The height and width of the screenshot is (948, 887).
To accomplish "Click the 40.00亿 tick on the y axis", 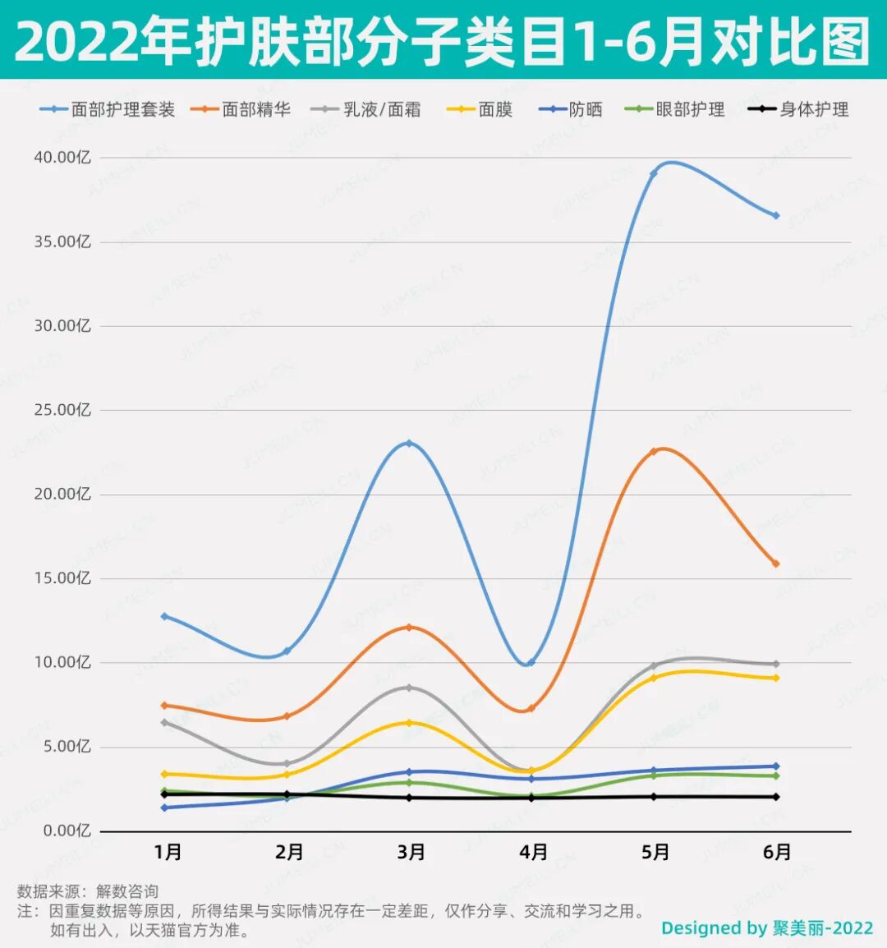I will tap(62, 157).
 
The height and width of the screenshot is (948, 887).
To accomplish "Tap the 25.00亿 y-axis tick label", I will tap(62, 410).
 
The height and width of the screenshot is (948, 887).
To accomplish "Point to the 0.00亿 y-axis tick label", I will tap(66, 831).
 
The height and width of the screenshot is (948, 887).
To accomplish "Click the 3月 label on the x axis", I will tap(411, 853).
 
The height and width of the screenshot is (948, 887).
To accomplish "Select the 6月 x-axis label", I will tap(776, 853).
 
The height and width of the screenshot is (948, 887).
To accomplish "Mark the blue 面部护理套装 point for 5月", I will tap(654, 173).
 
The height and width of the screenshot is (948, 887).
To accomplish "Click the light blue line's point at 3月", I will tap(409, 444).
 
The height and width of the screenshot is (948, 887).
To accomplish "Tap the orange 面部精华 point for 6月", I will tap(775, 564).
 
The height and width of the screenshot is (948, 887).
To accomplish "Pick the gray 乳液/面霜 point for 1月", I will tap(164, 722).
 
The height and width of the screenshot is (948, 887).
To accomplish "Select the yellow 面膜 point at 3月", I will tap(409, 723).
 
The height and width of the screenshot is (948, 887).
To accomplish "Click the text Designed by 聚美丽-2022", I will tap(767, 928).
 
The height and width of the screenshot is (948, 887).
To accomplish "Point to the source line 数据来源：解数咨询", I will tap(88, 891).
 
